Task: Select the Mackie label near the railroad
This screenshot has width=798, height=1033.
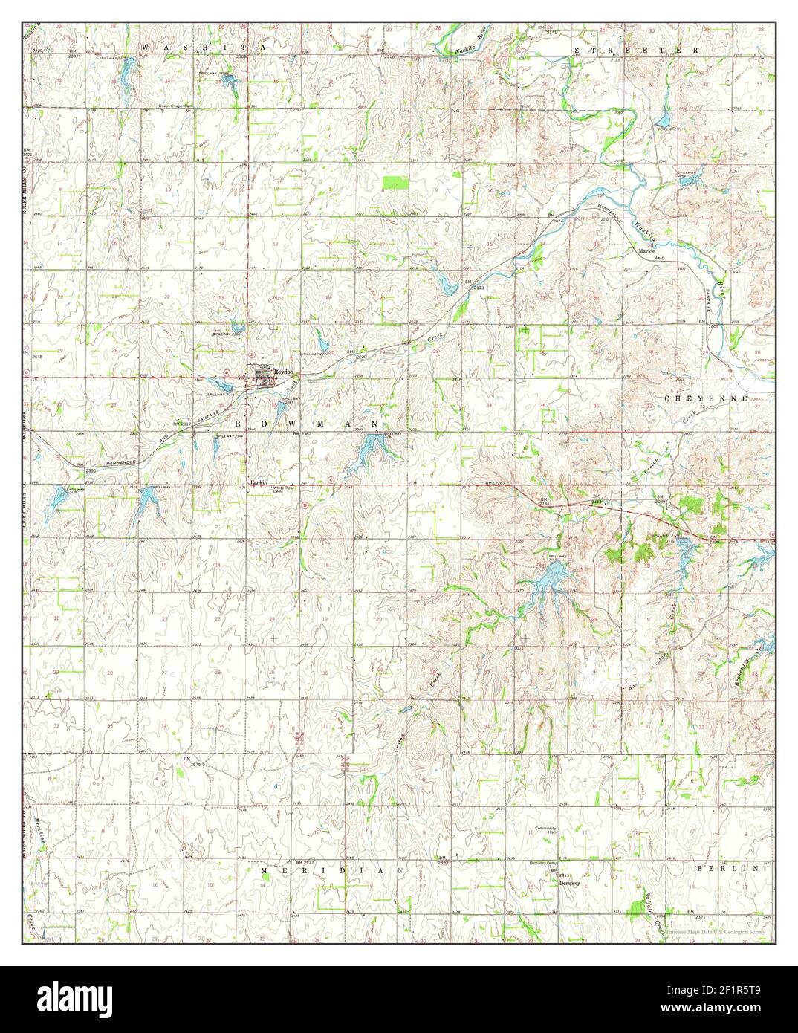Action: (x=645, y=251)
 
